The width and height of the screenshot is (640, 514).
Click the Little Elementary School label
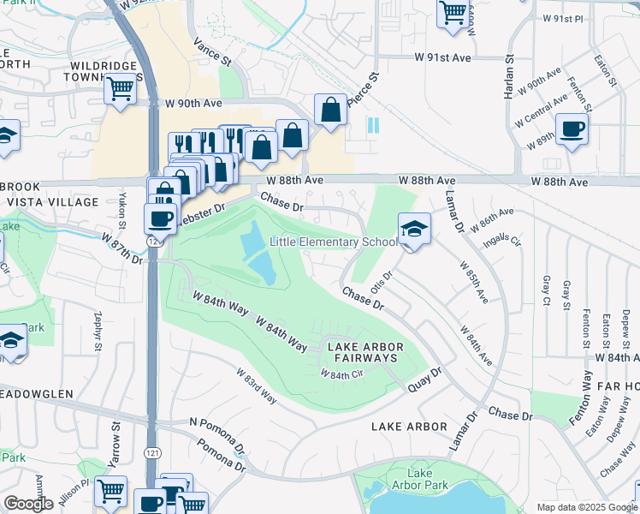(x=334, y=242)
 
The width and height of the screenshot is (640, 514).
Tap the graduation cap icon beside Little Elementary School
(x=414, y=230)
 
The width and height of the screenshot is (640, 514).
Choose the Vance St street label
(x=212, y=51)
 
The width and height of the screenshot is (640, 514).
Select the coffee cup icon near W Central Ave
(x=572, y=129)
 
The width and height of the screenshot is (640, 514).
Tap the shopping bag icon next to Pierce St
(x=330, y=110)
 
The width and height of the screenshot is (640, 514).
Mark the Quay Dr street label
(x=424, y=378)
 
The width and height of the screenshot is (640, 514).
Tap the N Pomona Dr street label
(x=216, y=433)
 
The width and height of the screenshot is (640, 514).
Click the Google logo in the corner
(x=28, y=504)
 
